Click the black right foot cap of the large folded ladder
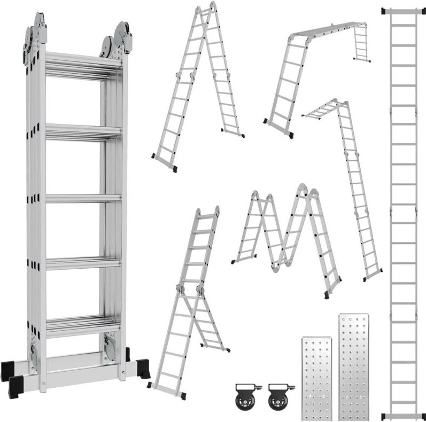pyautogui.click(x=143, y=369)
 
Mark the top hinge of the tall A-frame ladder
pyautogui.click(x=206, y=11)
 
